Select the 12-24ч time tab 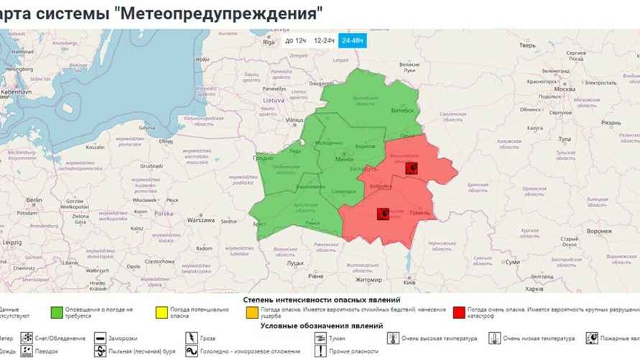(x=325, y=41)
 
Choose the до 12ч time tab (x=296, y=41)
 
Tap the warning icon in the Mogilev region (x=412, y=168)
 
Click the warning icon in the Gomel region (x=383, y=213)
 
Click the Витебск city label (x=402, y=110)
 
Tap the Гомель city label (x=419, y=213)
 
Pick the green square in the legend (x=55, y=313)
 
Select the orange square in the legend (x=251, y=313)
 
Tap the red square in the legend (x=458, y=313)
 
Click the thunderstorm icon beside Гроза (x=192, y=338)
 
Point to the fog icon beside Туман (x=319, y=338)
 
